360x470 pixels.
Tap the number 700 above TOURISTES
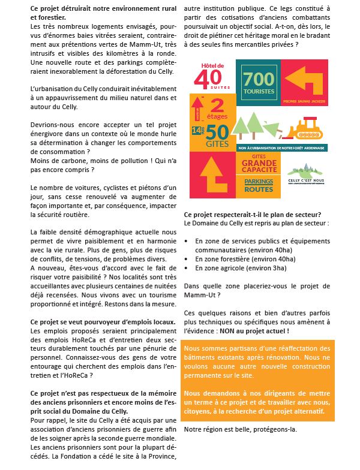point(259,78)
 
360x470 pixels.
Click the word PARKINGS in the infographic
point(259,180)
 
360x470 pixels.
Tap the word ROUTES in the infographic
point(259,190)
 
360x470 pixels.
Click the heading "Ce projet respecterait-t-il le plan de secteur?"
point(252,215)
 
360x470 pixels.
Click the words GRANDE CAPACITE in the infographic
point(259,165)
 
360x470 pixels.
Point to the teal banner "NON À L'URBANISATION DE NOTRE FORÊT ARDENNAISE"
point(281,147)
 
